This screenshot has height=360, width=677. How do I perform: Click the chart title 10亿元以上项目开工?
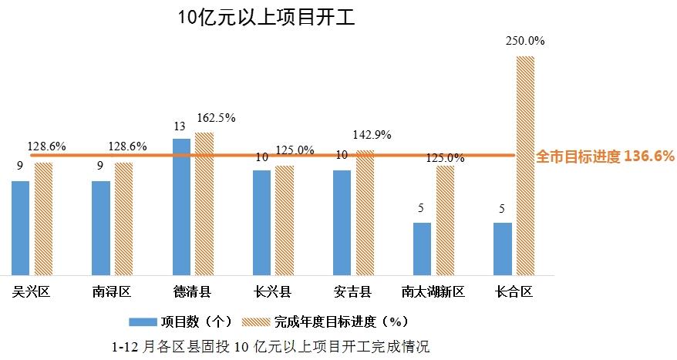266,18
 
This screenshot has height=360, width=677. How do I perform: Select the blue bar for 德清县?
181,207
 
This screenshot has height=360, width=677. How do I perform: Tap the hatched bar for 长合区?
525,165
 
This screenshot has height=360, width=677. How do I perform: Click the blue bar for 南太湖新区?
422,248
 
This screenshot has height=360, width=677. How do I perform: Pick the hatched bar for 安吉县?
364,213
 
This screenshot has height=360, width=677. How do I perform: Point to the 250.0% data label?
525,41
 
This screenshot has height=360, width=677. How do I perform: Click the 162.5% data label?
216,118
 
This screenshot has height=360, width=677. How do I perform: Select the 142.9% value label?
372,134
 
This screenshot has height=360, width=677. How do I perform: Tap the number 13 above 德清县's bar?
180,126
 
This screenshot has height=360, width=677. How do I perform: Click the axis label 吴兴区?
31,291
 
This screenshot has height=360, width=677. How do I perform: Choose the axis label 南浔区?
111,291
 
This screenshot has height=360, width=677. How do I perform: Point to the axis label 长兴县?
272,291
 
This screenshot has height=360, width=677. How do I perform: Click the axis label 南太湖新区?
433,291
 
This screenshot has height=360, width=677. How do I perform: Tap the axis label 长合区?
514,291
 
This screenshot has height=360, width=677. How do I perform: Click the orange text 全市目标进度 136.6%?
605,156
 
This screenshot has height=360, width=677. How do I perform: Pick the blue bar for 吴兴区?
21,227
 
